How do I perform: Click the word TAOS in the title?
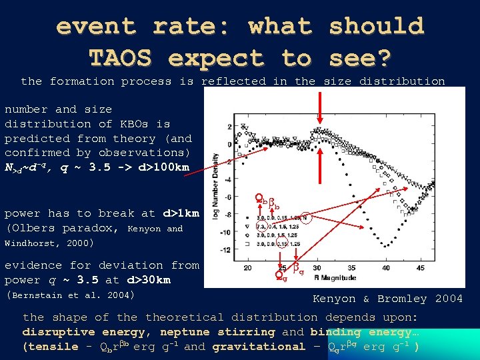pos(121,58)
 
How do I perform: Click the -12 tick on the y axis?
pos(227,250)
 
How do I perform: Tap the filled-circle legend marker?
pos(249,217)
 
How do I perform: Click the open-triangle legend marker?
pos(249,225)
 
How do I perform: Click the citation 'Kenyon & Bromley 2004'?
pos(387,298)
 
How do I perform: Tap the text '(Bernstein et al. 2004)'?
pos(70,295)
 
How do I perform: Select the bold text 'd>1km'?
pos(180,213)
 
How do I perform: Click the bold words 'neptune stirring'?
pos(217,331)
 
